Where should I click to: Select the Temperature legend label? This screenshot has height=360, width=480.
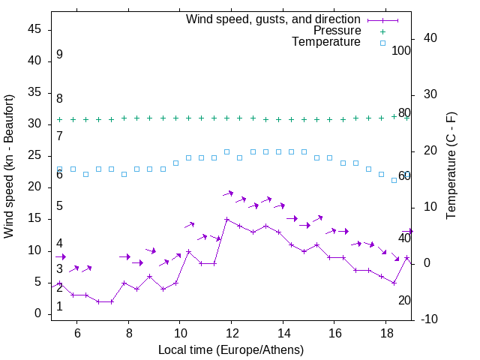(326, 43)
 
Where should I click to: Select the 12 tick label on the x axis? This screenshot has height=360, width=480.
(232, 333)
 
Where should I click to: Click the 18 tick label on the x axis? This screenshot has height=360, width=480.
(385, 333)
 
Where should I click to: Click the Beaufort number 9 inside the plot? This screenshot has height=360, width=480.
(59, 55)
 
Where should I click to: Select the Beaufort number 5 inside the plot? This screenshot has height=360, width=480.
(59, 206)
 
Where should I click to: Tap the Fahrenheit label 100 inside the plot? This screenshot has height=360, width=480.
(401, 51)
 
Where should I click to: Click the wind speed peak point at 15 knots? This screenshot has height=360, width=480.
(226, 220)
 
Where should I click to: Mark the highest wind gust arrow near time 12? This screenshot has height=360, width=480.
(228, 194)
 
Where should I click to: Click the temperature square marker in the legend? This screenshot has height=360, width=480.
(382, 43)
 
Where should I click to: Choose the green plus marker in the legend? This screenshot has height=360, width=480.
(382, 31)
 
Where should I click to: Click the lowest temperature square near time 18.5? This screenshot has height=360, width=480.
(394, 180)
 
